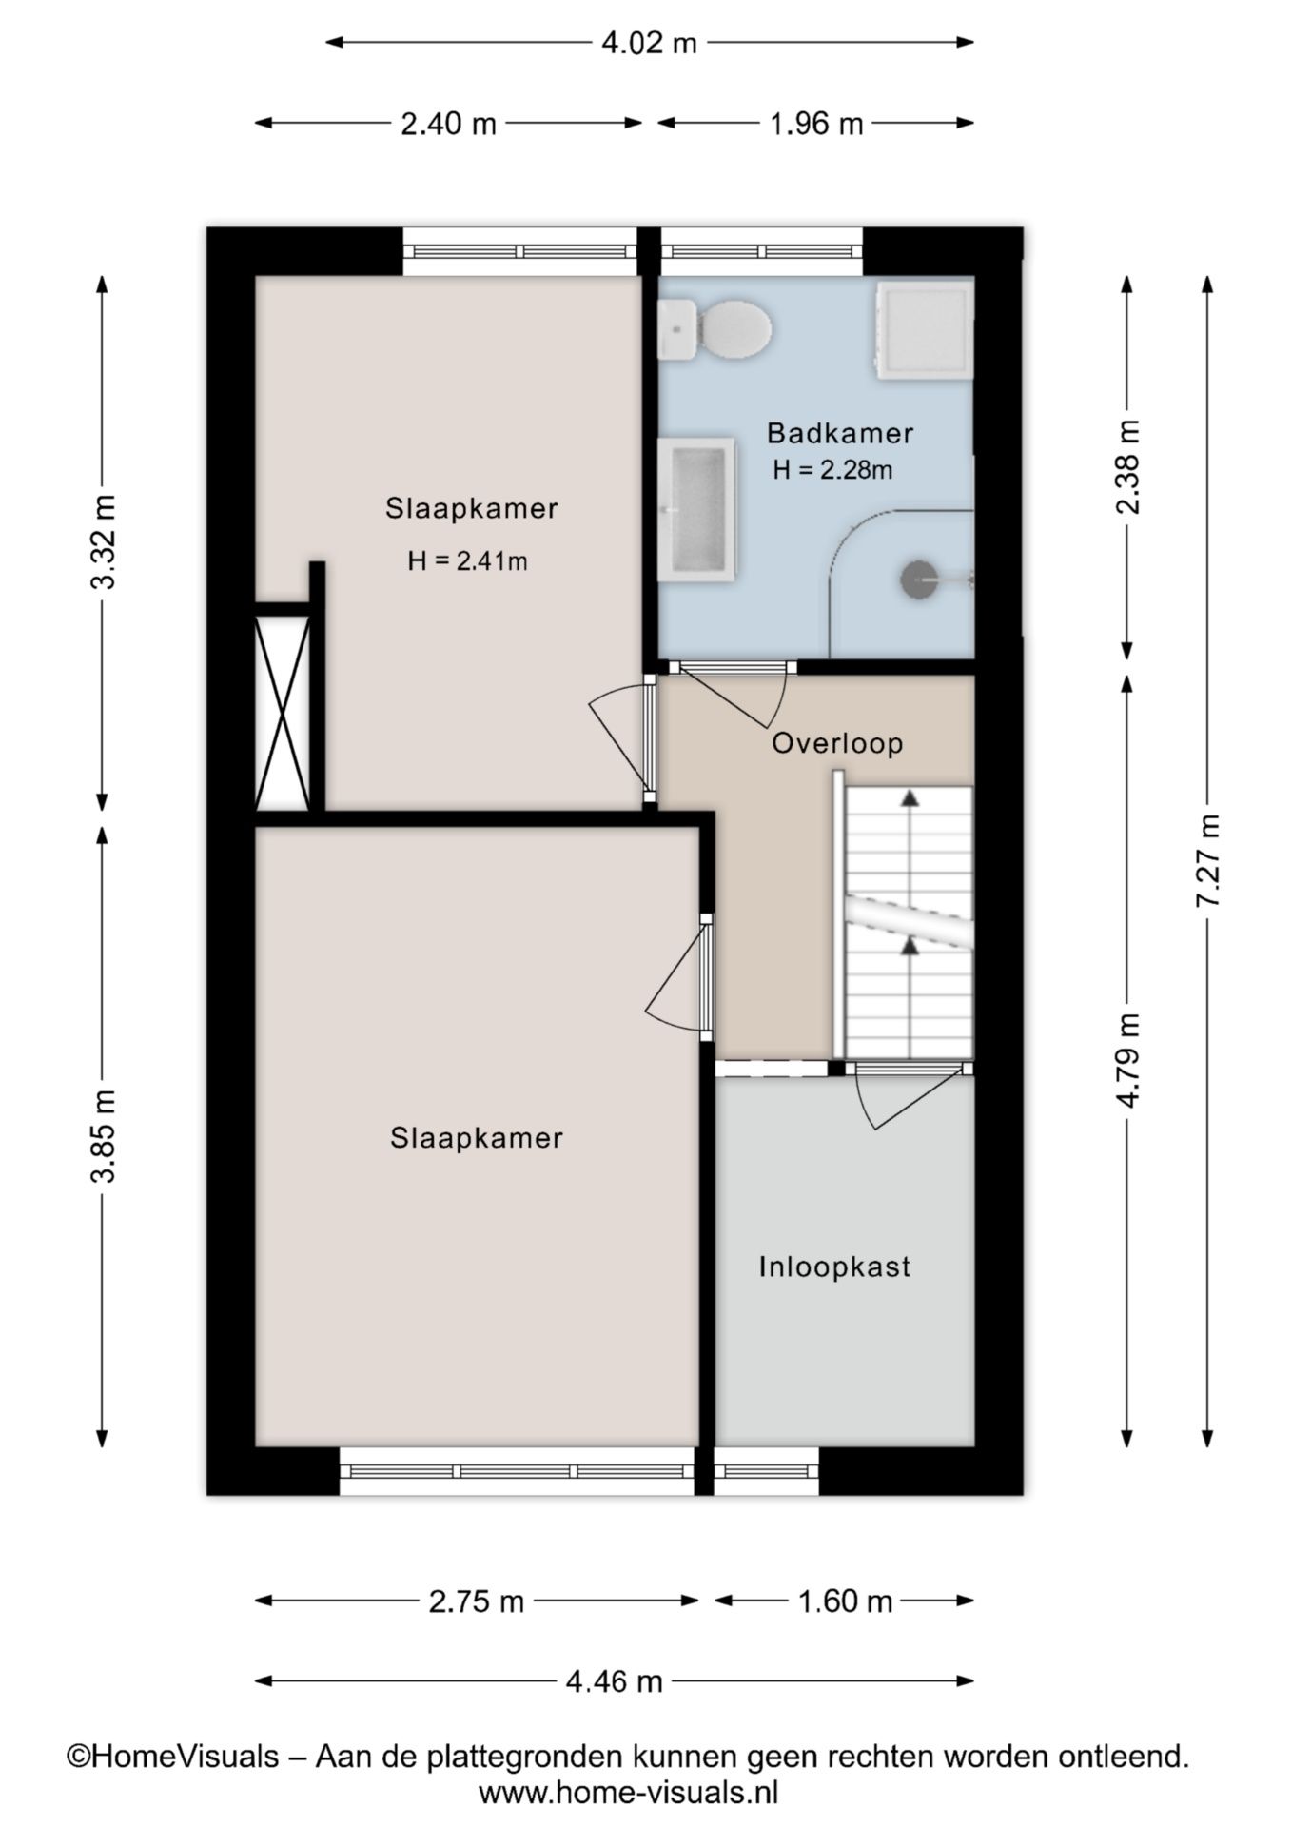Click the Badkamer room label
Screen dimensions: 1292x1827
coord(840,434)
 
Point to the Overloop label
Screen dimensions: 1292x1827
coord(837,743)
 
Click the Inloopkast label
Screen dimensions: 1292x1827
coord(834,1267)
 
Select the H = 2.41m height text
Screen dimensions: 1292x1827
coord(467,561)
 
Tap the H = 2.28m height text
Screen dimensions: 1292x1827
coord(832,469)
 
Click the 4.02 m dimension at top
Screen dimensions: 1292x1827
coord(649,43)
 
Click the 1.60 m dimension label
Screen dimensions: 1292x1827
coord(845,1601)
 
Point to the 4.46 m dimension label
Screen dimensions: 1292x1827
coord(614,1681)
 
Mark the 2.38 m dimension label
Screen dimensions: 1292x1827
coord(1127,466)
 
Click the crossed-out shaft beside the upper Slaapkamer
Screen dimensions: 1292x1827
coord(283,713)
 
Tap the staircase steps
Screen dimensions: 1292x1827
coord(909,921)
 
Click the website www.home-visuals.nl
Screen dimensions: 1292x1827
coord(629,1793)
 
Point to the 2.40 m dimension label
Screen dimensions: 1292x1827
coord(448,124)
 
